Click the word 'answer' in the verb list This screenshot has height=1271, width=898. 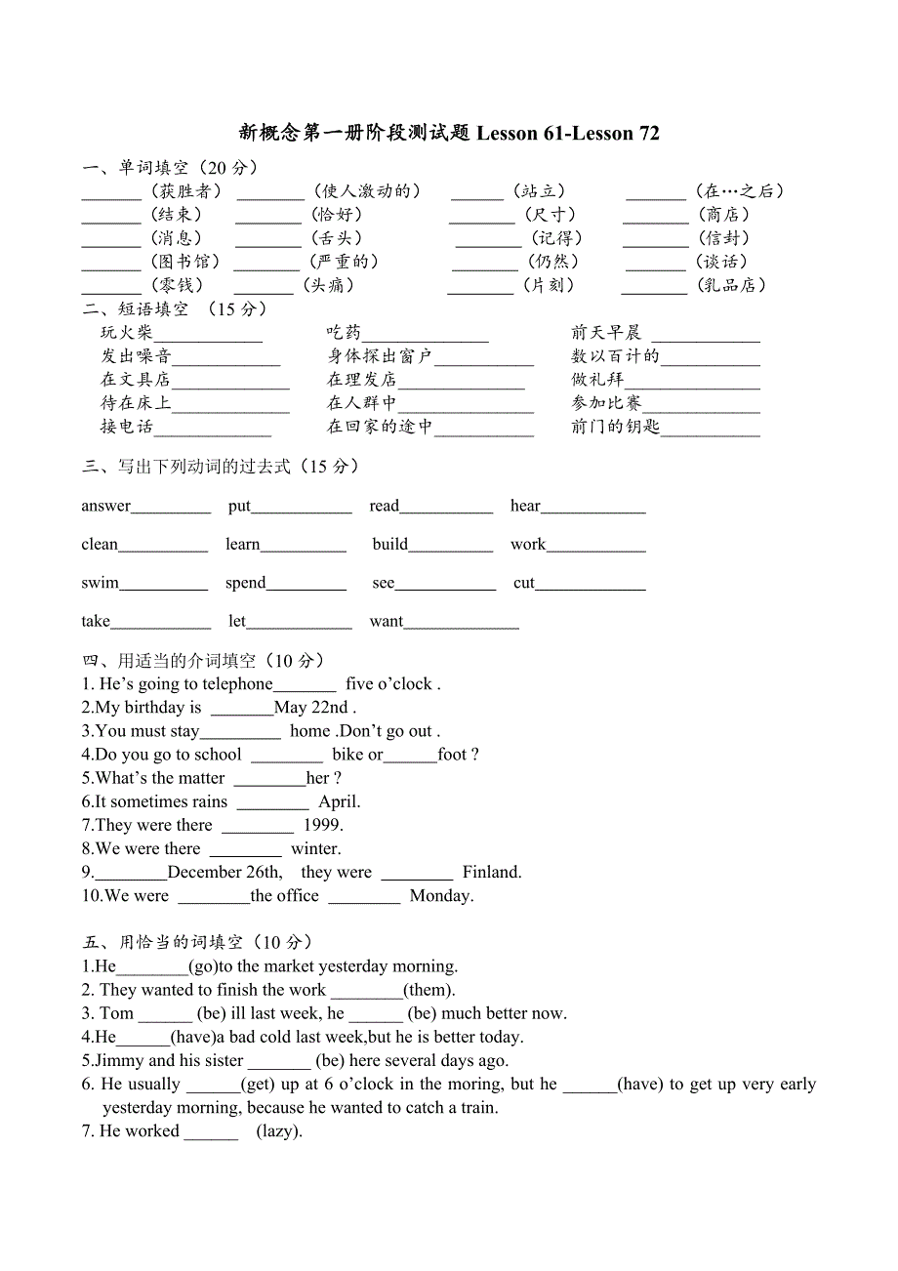tap(105, 506)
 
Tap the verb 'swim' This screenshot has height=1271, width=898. tap(100, 583)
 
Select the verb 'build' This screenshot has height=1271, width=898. tap(389, 545)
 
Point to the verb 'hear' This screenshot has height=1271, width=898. tap(525, 506)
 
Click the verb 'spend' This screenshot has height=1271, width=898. tap(245, 583)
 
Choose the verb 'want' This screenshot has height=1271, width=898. tap(386, 621)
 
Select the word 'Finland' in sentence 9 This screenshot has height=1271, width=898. tap(491, 872)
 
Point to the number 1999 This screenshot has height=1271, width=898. tap(322, 825)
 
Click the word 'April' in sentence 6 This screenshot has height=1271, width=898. tap(338, 801)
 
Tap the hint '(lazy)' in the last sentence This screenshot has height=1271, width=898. tap(279, 1131)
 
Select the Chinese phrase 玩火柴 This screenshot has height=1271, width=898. tap(127, 333)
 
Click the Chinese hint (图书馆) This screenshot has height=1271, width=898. tap(184, 262)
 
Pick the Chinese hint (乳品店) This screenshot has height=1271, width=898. tap(731, 285)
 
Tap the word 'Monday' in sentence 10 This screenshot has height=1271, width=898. tap(440, 895)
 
